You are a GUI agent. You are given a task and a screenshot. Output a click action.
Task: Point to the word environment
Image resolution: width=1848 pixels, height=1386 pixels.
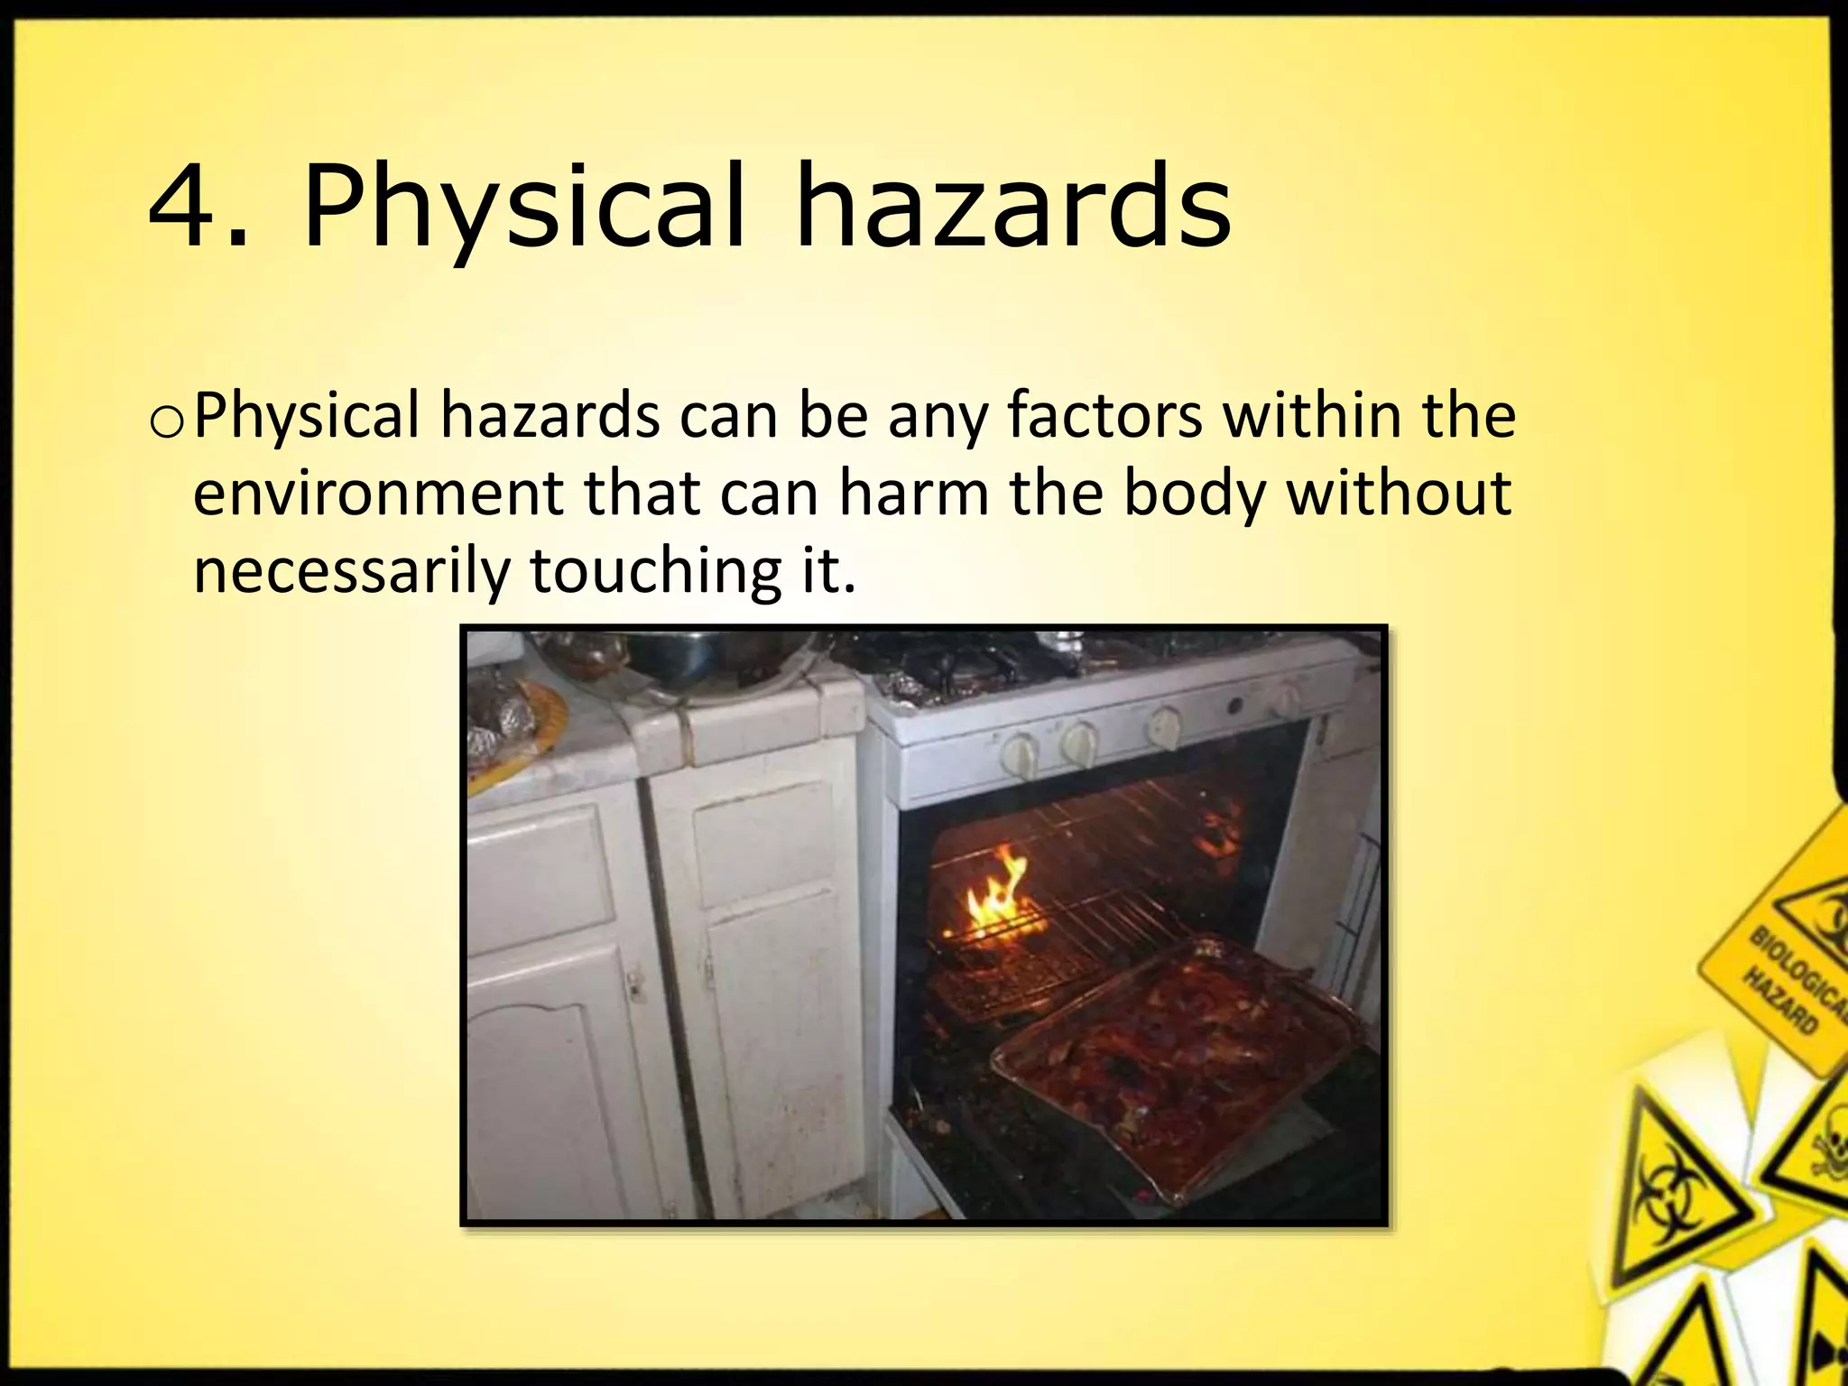380,494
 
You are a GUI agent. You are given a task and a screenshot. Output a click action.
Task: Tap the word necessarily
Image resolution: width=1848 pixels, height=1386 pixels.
351,572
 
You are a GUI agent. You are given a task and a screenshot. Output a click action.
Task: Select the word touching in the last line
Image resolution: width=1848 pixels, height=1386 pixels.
655,572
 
